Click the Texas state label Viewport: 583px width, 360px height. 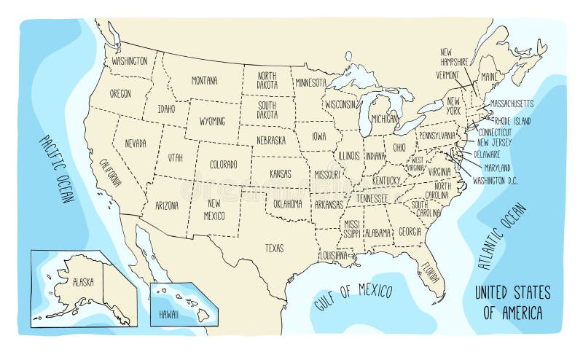(274, 247)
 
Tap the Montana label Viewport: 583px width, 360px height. (204, 80)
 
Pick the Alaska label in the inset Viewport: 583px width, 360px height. (82, 281)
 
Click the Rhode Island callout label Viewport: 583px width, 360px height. (513, 121)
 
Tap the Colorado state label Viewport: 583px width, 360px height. (223, 165)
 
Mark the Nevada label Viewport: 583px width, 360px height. (135, 143)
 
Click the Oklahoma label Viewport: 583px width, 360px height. (287, 203)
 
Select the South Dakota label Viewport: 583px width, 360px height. (267, 110)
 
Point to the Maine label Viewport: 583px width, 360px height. (489, 77)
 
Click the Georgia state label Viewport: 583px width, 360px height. (410, 232)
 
